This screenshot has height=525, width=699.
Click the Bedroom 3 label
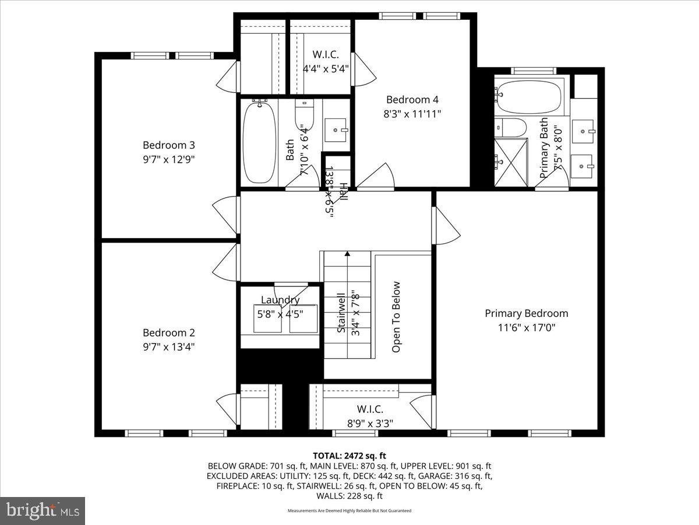coord(168,145)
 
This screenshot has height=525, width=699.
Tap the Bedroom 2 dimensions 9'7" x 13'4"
coord(168,346)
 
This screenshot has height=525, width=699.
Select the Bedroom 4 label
coord(412,100)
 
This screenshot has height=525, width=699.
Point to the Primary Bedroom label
coord(526,313)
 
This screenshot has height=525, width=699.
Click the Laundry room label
coord(280,300)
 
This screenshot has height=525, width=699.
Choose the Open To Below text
coord(397,317)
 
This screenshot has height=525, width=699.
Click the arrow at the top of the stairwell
coord(347,254)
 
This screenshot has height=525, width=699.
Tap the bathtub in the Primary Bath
coord(529,97)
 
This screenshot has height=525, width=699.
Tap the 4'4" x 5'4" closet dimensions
coord(326,68)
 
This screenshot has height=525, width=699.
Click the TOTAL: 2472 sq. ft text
coord(349,456)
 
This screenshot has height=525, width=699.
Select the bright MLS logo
coord(43,511)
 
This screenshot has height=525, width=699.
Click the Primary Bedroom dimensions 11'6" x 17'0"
coord(526,327)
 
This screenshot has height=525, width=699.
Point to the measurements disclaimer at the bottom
coord(349,510)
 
